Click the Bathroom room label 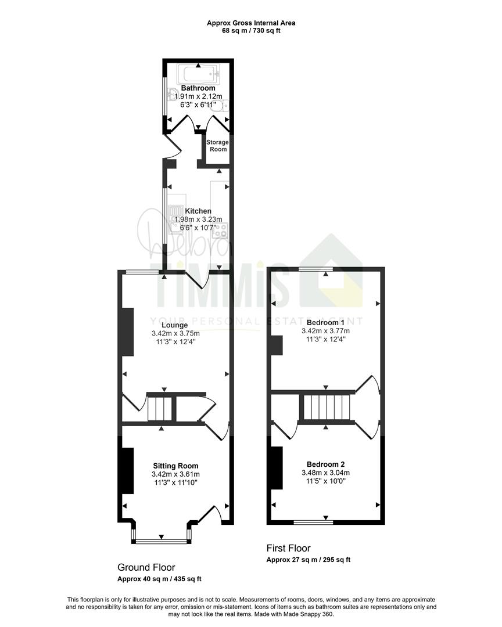tap(198, 88)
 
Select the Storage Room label tap(217, 146)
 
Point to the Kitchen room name tap(198, 211)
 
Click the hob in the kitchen tap(220, 230)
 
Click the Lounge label tap(174, 325)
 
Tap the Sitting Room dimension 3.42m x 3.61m tap(175, 474)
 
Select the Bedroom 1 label tap(325, 322)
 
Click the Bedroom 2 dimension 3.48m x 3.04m tap(325, 473)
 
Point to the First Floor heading tap(289, 548)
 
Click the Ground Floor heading tap(146, 567)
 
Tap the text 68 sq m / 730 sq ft tap(251, 30)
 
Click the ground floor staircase tap(160, 408)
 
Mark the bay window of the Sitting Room tap(162, 542)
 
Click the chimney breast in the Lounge tap(128, 331)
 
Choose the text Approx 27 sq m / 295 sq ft tap(309, 560)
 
